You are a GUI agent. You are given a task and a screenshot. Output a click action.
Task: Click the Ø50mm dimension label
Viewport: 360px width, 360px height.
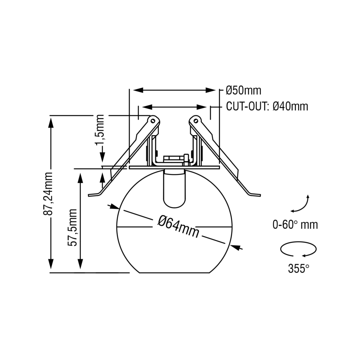point(243,90)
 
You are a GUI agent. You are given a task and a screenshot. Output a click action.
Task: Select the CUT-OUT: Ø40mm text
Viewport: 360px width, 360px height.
point(267,106)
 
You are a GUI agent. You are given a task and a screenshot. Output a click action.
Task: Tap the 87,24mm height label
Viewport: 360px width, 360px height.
point(48,194)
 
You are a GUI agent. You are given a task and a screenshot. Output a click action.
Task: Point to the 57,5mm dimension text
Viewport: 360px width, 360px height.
point(72,227)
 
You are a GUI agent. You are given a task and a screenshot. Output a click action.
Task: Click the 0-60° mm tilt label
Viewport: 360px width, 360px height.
point(295,224)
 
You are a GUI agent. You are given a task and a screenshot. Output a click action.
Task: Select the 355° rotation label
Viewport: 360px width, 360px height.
point(298,268)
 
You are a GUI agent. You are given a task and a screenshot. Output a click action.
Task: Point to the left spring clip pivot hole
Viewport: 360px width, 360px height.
point(152,121)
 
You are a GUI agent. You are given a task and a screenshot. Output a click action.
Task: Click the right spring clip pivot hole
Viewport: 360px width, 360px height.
point(196,121)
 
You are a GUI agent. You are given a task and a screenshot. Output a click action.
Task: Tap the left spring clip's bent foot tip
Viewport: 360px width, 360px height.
point(89,195)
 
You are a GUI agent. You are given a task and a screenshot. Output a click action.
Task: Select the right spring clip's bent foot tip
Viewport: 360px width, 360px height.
point(260,195)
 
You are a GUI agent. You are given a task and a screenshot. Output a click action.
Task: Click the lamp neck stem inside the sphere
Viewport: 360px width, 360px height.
point(174,188)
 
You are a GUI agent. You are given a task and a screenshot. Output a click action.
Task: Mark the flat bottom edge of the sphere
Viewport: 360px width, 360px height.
point(174,273)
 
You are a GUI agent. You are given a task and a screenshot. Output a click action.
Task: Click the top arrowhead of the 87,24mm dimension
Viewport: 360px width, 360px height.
point(51,122)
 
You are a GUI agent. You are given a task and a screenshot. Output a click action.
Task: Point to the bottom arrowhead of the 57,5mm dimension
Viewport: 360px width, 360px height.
point(80,264)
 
